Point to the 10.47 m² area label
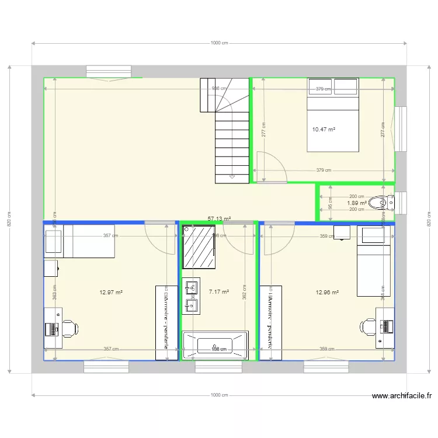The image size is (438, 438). tap(324, 130)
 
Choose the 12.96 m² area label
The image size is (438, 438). tap(328, 293)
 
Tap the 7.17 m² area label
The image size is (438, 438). tap(218, 293)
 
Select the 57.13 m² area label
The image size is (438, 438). tap(219, 219)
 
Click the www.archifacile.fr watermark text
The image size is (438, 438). tap(402, 395)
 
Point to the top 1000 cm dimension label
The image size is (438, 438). tap(219, 43)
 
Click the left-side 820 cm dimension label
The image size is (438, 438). tap(10, 219)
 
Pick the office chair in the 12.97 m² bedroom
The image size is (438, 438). tap(69, 328)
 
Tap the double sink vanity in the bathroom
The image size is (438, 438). tap(191, 296)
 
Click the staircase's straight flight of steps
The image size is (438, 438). tap(232, 146)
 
